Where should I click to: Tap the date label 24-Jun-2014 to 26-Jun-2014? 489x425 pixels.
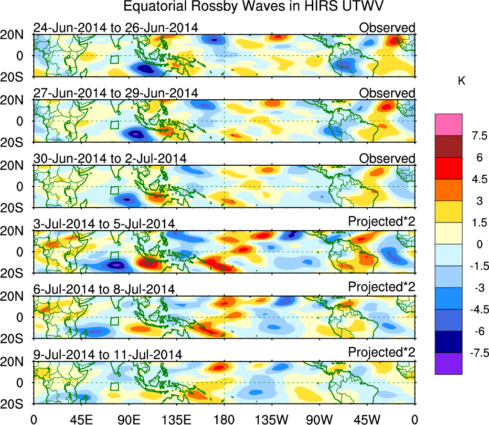point(116,28)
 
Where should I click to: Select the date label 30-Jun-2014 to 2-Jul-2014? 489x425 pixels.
point(110,158)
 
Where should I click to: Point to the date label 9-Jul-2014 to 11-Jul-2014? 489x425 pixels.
point(107,354)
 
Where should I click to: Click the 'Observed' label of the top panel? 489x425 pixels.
point(387,28)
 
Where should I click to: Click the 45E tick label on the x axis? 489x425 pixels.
point(80,419)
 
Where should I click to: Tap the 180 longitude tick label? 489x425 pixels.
point(223,419)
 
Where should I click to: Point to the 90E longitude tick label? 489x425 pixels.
point(128,419)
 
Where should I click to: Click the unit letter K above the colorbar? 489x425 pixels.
point(461,81)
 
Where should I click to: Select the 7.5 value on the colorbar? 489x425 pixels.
point(475,136)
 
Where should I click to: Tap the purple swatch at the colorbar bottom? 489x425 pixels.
point(448,363)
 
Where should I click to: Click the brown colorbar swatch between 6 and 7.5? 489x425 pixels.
point(448,147)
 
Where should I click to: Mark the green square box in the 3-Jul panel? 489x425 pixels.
point(114,256)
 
